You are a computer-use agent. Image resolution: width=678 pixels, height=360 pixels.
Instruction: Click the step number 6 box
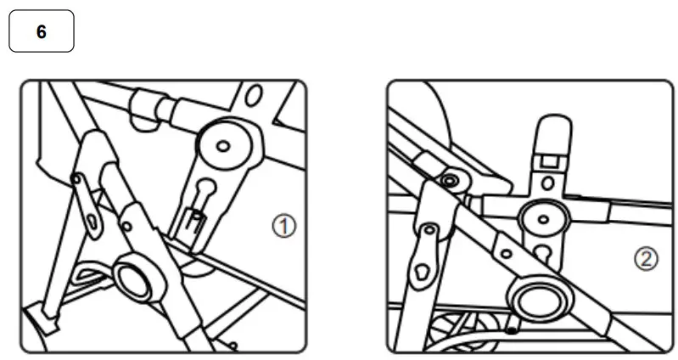coord(41,31)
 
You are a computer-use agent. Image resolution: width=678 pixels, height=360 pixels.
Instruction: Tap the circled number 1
coord(284,226)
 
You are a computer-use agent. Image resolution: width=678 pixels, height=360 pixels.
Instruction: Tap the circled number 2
coord(646,260)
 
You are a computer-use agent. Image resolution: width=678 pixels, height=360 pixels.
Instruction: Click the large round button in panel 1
coord(135,278)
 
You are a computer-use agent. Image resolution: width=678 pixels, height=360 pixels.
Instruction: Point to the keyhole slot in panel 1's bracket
coord(203,187)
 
